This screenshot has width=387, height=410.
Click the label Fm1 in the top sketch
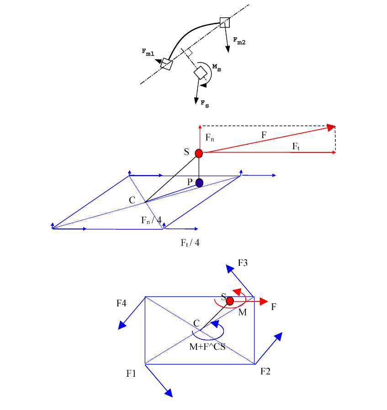(x=148, y=53)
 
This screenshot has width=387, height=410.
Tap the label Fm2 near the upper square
(x=239, y=42)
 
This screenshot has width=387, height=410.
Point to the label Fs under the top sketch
(x=205, y=104)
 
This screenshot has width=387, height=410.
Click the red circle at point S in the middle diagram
(x=199, y=153)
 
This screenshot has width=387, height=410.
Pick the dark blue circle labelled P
(x=199, y=183)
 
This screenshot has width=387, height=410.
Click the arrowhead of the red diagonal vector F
(x=332, y=127)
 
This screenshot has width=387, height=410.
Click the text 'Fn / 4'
(x=151, y=220)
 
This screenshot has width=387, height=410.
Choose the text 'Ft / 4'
(x=190, y=242)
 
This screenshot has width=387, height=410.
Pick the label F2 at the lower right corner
(x=265, y=371)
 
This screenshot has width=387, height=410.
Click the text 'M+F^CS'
(x=207, y=346)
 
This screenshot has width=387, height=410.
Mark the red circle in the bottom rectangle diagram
(x=230, y=301)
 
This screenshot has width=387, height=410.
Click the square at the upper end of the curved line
(x=225, y=22)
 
